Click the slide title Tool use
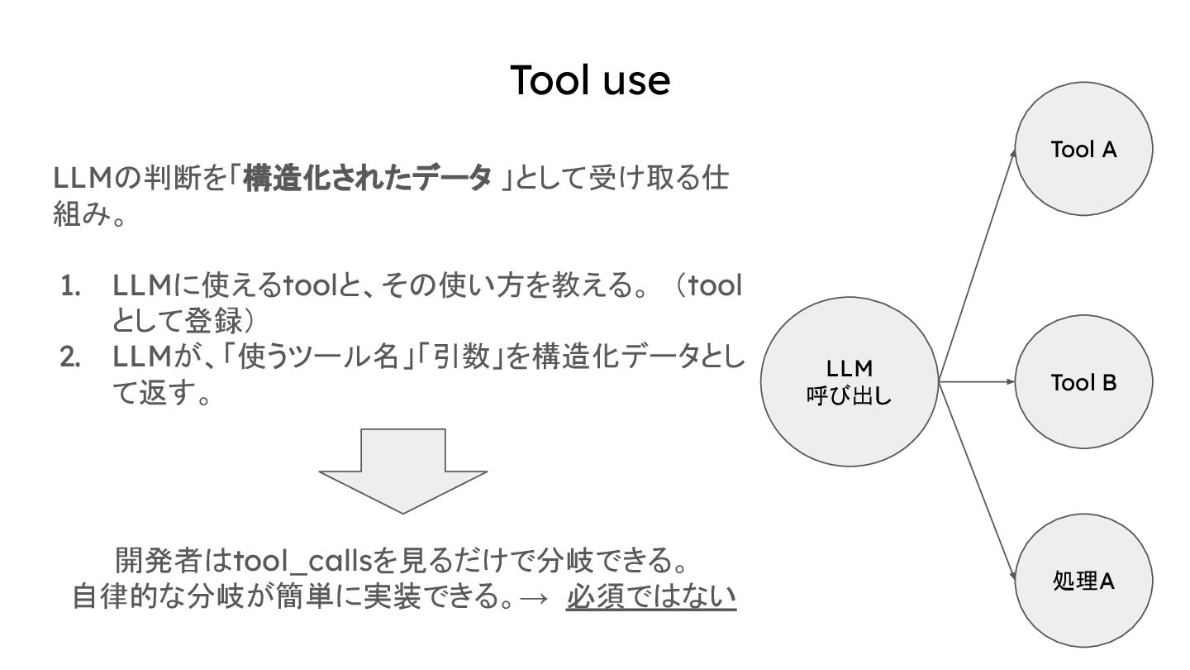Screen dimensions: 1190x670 click(589, 80)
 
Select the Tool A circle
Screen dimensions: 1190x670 click(1083, 149)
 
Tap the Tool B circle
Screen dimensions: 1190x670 click(1083, 382)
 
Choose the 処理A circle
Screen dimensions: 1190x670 click(1083, 581)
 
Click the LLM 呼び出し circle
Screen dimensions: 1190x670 click(849, 382)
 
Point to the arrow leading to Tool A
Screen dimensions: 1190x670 click(977, 265)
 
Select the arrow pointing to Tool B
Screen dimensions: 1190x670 click(977, 382)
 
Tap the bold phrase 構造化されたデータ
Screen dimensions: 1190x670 click(367, 178)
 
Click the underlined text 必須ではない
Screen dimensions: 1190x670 click(651, 596)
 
